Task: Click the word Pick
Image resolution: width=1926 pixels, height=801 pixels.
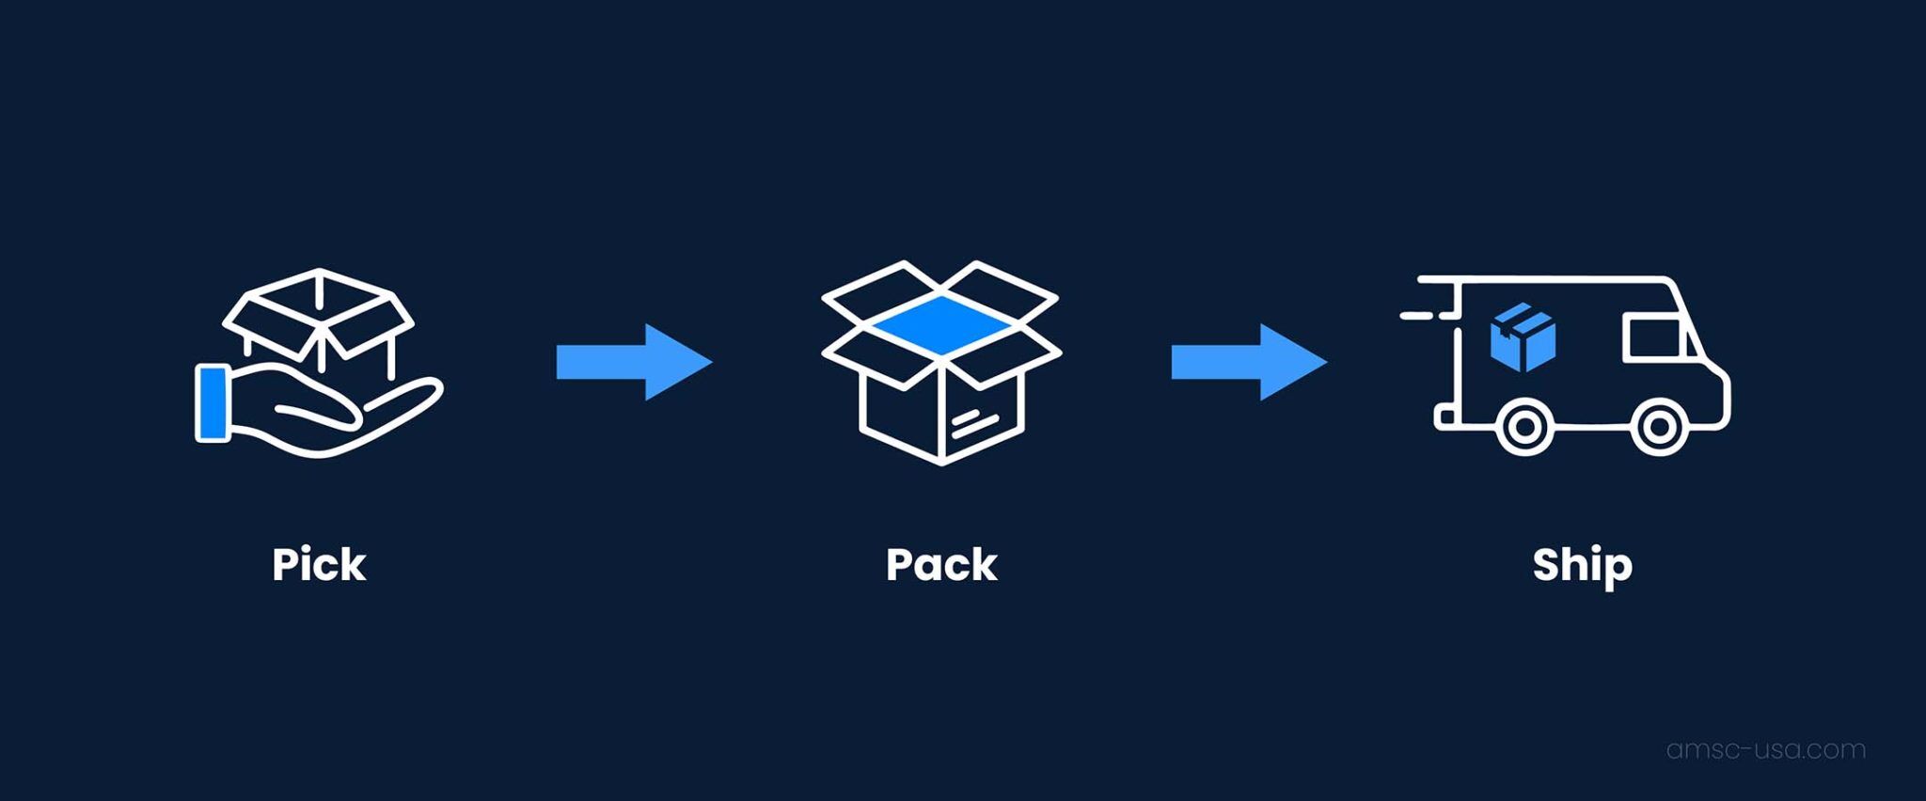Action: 319,565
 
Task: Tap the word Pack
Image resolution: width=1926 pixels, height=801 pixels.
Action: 941,565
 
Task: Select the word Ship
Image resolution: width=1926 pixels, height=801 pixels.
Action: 1582,565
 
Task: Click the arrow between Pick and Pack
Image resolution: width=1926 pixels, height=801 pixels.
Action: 633,362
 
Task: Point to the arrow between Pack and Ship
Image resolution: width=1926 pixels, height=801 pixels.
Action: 1248,362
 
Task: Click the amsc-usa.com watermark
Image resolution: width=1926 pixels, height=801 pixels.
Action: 1765,749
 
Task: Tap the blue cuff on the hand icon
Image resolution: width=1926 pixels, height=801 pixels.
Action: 213,403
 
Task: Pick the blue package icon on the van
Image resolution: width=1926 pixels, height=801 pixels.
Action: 1523,337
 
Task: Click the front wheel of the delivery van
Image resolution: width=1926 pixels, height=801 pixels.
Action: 1659,428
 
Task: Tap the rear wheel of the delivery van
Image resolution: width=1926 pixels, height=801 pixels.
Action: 1524,428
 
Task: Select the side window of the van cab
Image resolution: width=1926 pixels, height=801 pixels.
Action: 1654,338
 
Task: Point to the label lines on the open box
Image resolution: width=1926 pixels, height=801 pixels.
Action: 973,423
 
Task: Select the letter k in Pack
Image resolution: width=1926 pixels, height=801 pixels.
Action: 983,565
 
